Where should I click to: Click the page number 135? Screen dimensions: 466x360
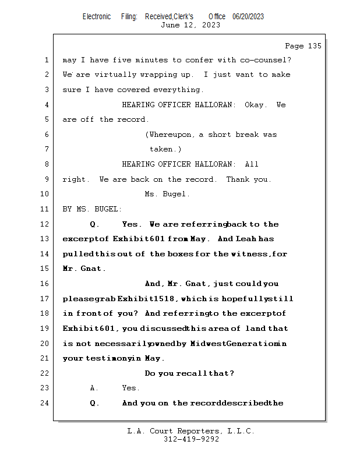[314, 46]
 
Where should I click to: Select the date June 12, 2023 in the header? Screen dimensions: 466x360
[190, 25]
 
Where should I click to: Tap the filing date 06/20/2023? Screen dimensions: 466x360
[248, 16]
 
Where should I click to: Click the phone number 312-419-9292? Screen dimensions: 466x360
[191, 439]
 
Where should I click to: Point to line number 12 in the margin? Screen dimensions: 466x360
[46, 224]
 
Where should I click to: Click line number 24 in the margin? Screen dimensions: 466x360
[46, 403]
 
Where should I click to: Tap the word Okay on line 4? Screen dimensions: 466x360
[254, 105]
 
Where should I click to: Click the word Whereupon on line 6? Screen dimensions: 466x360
[172, 135]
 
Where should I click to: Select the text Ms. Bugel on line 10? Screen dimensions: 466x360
[167, 195]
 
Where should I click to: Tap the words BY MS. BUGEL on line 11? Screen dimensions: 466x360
[93, 209]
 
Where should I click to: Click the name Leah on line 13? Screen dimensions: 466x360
[246, 239]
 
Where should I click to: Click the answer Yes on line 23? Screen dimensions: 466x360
[130, 388]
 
